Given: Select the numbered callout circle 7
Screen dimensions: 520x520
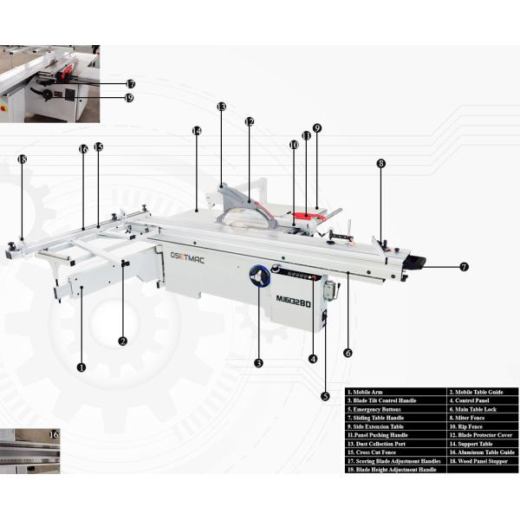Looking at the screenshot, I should click(x=464, y=267).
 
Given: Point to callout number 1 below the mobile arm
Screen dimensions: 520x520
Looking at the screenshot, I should click(x=81, y=367).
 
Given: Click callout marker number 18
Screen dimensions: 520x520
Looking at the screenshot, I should click(x=22, y=159).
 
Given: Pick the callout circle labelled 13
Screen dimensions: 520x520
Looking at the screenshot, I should click(x=221, y=107).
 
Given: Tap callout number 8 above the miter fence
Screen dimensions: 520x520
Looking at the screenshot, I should click(x=380, y=163).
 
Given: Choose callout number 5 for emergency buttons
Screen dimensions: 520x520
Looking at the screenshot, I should click(x=325, y=396).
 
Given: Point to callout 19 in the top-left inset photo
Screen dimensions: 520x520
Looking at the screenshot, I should click(x=129, y=98).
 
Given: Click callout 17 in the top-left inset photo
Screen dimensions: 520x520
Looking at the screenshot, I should click(x=130, y=84).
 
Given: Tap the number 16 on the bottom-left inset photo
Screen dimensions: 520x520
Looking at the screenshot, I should click(x=54, y=433).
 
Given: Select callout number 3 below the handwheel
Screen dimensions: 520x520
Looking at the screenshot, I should click(x=258, y=362).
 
